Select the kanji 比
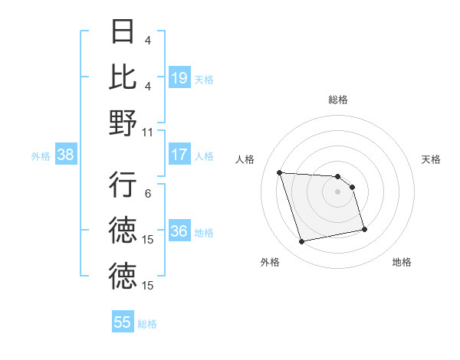(x=123, y=77)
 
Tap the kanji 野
(x=123, y=123)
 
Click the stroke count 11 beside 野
(x=148, y=132)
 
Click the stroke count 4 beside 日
(x=148, y=40)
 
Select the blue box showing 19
(x=179, y=77)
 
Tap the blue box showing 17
(x=179, y=155)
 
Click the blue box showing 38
(x=65, y=155)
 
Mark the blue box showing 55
(x=123, y=322)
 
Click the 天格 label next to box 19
(x=204, y=78)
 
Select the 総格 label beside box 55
(x=147, y=323)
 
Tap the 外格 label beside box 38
(x=41, y=155)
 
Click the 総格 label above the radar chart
(x=337, y=100)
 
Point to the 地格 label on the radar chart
(x=402, y=262)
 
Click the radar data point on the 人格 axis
(x=279, y=172)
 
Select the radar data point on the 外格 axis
(x=301, y=242)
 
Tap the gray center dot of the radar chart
(x=337, y=191)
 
